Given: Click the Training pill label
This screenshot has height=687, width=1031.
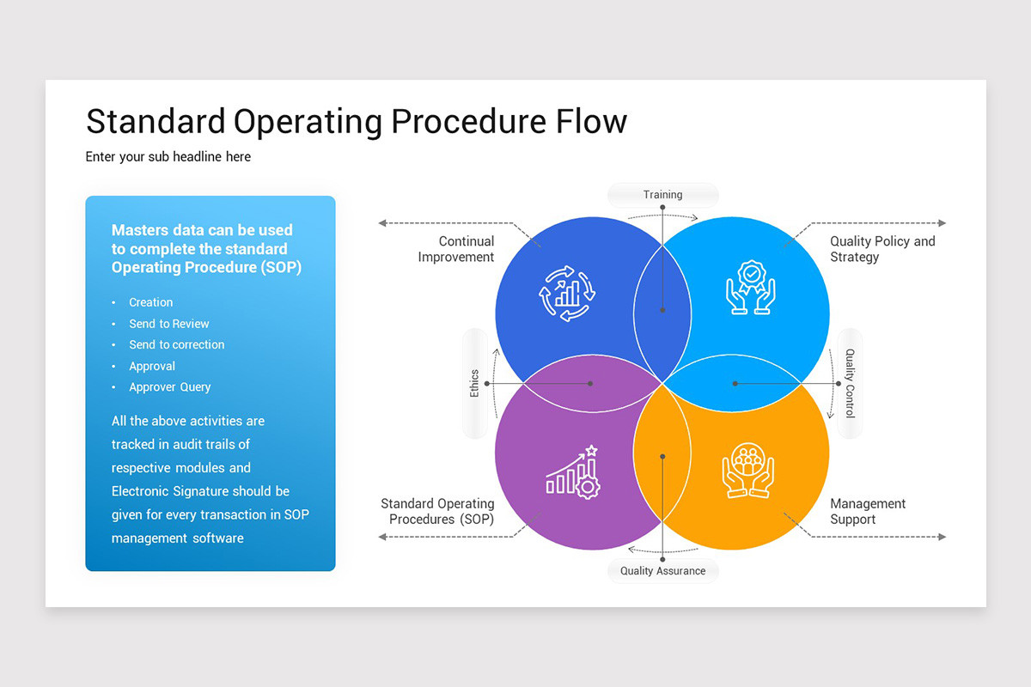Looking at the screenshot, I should [662, 195].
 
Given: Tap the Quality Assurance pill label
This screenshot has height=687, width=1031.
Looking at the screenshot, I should [662, 571].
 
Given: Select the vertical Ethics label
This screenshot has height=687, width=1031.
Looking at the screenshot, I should [474, 384].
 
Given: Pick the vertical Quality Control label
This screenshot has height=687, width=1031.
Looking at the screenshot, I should [850, 383].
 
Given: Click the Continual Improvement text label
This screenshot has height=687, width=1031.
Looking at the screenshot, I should [455, 249].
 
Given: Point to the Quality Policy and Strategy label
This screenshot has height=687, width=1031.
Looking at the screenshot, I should [882, 249].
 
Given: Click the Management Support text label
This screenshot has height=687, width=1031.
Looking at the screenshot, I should [867, 511].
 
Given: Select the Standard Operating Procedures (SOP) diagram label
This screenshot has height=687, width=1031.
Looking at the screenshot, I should [437, 511].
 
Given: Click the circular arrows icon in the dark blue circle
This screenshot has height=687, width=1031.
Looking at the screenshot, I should [566, 293].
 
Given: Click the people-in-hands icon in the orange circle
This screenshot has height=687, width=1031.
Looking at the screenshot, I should [747, 471].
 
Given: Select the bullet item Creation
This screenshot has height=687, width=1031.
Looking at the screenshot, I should [150, 302].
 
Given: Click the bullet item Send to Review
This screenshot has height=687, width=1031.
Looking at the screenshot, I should [168, 324].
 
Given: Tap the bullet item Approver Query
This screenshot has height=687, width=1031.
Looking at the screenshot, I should [169, 387].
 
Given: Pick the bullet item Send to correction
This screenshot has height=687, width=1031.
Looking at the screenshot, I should [176, 344].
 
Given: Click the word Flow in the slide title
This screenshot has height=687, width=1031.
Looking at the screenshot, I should [592, 121].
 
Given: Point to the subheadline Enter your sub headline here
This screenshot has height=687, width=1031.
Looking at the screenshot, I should [168, 156].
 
